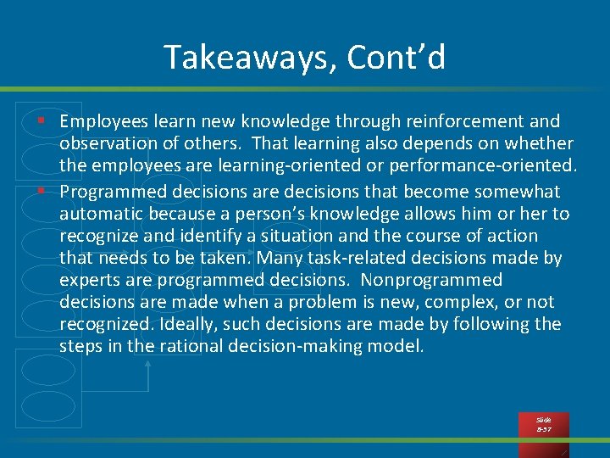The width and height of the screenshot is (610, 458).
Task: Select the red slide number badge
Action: tap(544, 425)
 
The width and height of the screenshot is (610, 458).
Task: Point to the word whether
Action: tap(542, 144)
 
